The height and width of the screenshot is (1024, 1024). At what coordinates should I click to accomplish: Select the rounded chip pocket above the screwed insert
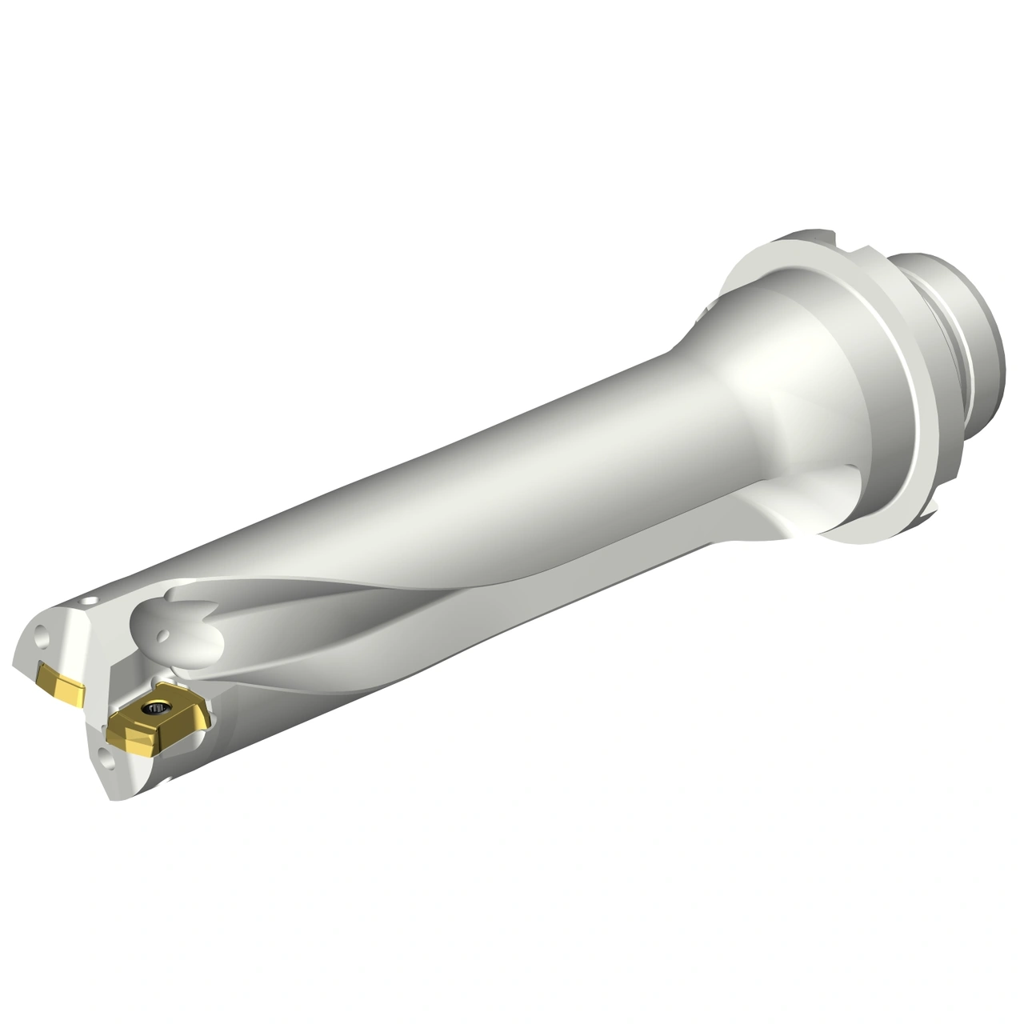click(x=180, y=632)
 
